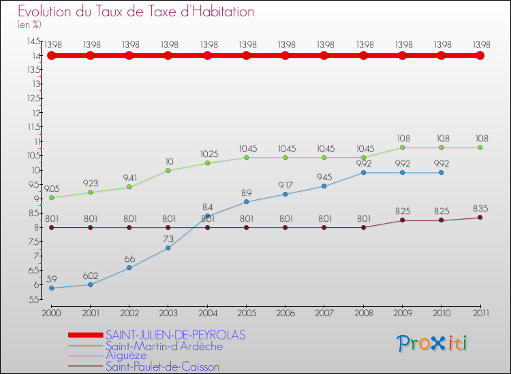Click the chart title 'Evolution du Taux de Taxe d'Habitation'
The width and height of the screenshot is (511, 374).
coord(136,12)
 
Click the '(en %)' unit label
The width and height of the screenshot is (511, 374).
coord(29,24)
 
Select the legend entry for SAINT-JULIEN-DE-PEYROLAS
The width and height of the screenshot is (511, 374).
coord(176,335)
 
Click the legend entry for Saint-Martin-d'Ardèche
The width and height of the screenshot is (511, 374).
coord(164,346)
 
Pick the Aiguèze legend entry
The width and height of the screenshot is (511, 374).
coord(127,356)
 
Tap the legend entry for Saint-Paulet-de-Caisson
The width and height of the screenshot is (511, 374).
coord(163,367)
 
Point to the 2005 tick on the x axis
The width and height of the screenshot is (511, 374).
coord(247,312)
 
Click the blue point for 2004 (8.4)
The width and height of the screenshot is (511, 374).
coord(207,216)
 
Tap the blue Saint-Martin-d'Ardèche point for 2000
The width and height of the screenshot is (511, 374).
coord(51,288)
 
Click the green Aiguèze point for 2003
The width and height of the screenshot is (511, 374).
coord(168,170)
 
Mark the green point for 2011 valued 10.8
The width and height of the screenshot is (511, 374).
coord(480,148)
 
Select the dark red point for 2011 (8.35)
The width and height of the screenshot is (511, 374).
coord(480,218)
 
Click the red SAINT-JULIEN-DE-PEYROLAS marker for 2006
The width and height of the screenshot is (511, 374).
coord(285,55)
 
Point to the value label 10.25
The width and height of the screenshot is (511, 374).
coord(208,154)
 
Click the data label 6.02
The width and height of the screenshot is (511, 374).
coord(91,275)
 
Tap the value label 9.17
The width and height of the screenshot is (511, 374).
coord(285,185)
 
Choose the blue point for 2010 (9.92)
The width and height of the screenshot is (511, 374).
coord(441,173)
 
